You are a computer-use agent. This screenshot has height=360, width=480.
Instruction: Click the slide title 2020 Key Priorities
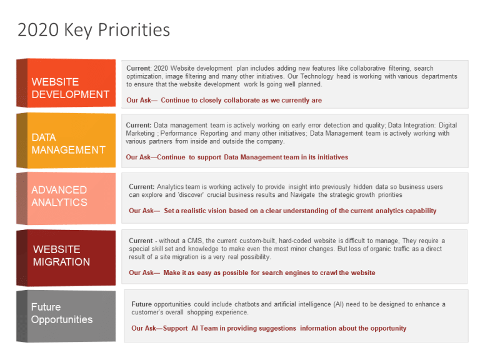tap(94, 30)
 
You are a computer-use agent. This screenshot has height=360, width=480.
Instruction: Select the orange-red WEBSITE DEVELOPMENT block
tap(66, 83)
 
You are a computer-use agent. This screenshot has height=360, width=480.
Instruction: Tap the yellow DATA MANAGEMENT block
tap(66, 141)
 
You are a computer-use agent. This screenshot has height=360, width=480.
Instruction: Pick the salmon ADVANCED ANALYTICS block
tap(66, 198)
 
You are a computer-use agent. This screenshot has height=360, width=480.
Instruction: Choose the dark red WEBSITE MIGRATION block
tap(66, 257)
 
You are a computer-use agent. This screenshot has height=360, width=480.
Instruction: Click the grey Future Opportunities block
tap(66, 316)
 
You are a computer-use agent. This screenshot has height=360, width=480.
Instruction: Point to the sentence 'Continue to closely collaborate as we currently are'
tap(241, 100)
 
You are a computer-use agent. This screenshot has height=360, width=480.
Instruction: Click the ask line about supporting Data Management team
tap(237, 157)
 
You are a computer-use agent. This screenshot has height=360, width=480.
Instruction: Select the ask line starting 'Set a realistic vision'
tap(282, 211)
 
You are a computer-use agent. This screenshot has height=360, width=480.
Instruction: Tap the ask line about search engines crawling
tap(252, 272)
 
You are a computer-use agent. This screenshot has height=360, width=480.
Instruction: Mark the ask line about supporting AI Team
tap(269, 328)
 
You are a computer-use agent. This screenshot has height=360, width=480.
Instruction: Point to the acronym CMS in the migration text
tap(195, 241)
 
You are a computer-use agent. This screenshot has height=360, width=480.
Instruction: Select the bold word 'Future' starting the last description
tap(141, 304)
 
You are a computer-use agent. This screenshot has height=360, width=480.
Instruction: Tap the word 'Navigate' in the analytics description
tap(302, 195)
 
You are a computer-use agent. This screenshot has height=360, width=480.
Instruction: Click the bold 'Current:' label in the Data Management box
tap(139, 125)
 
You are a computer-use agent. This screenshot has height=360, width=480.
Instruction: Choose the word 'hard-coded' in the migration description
tap(295, 241)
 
